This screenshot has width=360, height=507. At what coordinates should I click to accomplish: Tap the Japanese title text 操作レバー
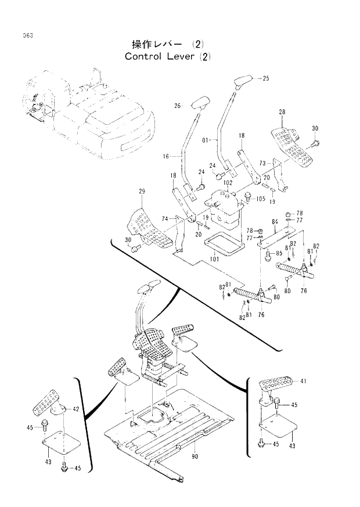tap(157, 45)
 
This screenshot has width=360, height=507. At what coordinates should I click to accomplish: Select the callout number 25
tap(265, 77)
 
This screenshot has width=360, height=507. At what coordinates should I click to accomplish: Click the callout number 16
tap(165, 156)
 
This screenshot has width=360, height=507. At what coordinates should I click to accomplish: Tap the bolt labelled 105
tap(249, 196)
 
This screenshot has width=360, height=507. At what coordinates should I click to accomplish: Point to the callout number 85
tap(279, 253)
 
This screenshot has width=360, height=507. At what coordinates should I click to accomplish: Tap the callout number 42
tap(75, 409)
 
